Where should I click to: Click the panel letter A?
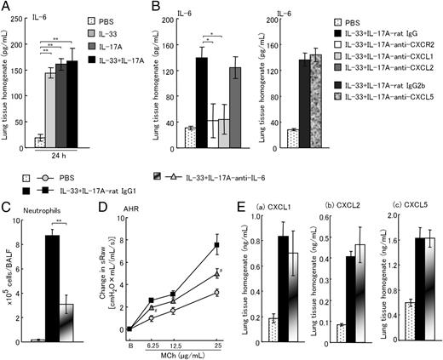[x=6, y=7]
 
